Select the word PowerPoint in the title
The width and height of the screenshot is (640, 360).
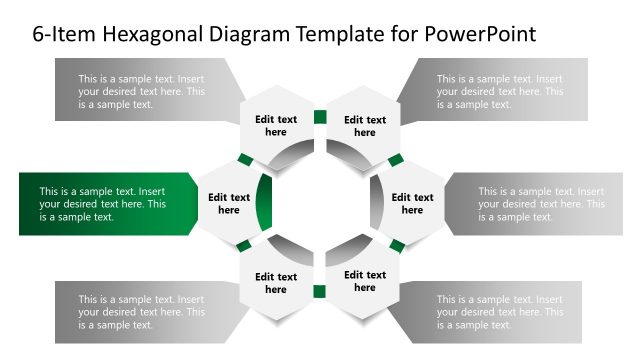480,34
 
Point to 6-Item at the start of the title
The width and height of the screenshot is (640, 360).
61,34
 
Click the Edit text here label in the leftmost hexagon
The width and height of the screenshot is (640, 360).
229,204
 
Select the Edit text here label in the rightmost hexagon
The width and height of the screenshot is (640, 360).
412,204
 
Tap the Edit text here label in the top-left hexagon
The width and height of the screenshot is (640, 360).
276,126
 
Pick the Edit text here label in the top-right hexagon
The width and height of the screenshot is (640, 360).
365,126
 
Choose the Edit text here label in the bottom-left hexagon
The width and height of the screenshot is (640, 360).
276,283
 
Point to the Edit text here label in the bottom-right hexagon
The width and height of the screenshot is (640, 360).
365,281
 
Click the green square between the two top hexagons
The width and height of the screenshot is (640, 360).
320,117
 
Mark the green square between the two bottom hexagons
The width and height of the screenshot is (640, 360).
320,292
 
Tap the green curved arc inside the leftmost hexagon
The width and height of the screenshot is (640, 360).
265,204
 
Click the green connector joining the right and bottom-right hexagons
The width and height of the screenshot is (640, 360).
397,246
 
